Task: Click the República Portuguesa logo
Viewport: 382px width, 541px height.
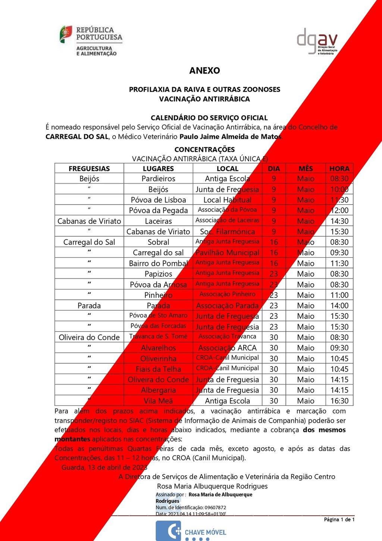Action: (91, 41)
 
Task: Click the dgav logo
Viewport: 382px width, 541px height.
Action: (317, 41)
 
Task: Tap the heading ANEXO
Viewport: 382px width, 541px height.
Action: (204, 71)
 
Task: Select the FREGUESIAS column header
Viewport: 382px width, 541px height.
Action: (89, 168)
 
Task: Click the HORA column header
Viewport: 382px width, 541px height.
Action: (339, 168)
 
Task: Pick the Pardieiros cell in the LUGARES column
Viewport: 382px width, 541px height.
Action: (158, 179)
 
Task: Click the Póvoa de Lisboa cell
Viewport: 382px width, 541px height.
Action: (158, 200)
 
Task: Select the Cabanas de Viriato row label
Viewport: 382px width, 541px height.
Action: (89, 221)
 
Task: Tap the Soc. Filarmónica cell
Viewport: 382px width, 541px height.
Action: (227, 231)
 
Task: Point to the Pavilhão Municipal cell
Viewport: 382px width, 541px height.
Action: (227, 253)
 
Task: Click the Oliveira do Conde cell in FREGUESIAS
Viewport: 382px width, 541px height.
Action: (89, 337)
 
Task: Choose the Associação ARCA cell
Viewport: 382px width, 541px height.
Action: (227, 348)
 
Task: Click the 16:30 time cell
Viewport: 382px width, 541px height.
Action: (339, 401)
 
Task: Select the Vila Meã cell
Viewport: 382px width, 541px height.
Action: (158, 401)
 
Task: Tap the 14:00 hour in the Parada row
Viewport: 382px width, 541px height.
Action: (339, 305)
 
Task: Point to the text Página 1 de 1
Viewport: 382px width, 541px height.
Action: (339, 519)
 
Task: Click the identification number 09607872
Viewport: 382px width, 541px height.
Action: (215, 507)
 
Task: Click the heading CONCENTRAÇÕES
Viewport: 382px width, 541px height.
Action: (204, 149)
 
